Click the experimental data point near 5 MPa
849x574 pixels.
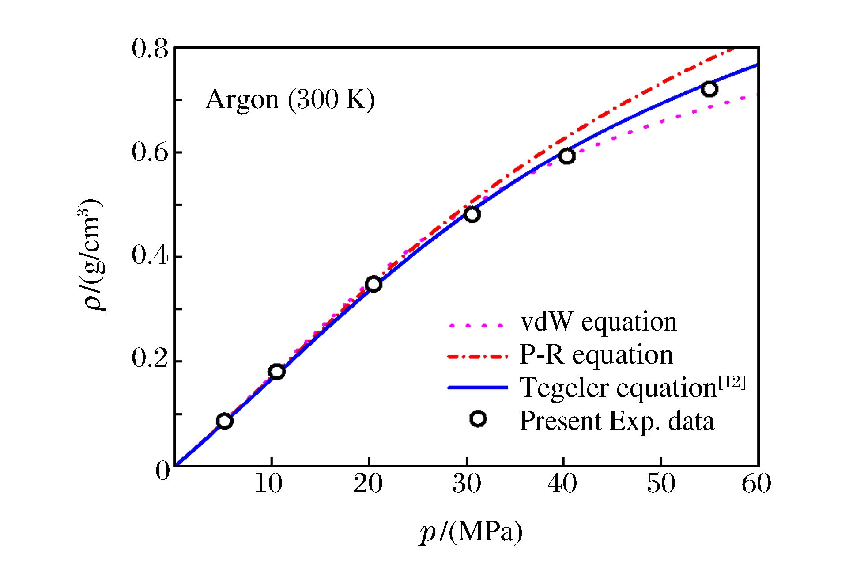point(224,421)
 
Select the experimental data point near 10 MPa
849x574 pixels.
point(277,372)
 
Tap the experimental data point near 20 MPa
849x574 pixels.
point(374,284)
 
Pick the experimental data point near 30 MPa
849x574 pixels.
point(472,215)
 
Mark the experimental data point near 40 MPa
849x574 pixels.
point(567,156)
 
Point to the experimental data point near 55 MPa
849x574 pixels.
point(709,89)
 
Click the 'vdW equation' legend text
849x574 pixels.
point(598,322)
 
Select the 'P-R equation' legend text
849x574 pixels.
point(596,355)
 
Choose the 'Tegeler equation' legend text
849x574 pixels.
point(618,388)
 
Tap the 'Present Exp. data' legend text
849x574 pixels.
point(617,421)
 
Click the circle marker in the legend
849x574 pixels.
point(478,419)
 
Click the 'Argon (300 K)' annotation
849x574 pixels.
point(290,99)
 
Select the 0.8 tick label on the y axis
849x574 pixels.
point(150,49)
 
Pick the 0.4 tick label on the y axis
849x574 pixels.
point(150,255)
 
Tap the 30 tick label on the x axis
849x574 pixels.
point(466,483)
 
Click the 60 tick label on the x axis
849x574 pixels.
point(756,483)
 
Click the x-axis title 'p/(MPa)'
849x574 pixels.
point(471,532)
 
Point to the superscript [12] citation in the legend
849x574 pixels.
point(732,382)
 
